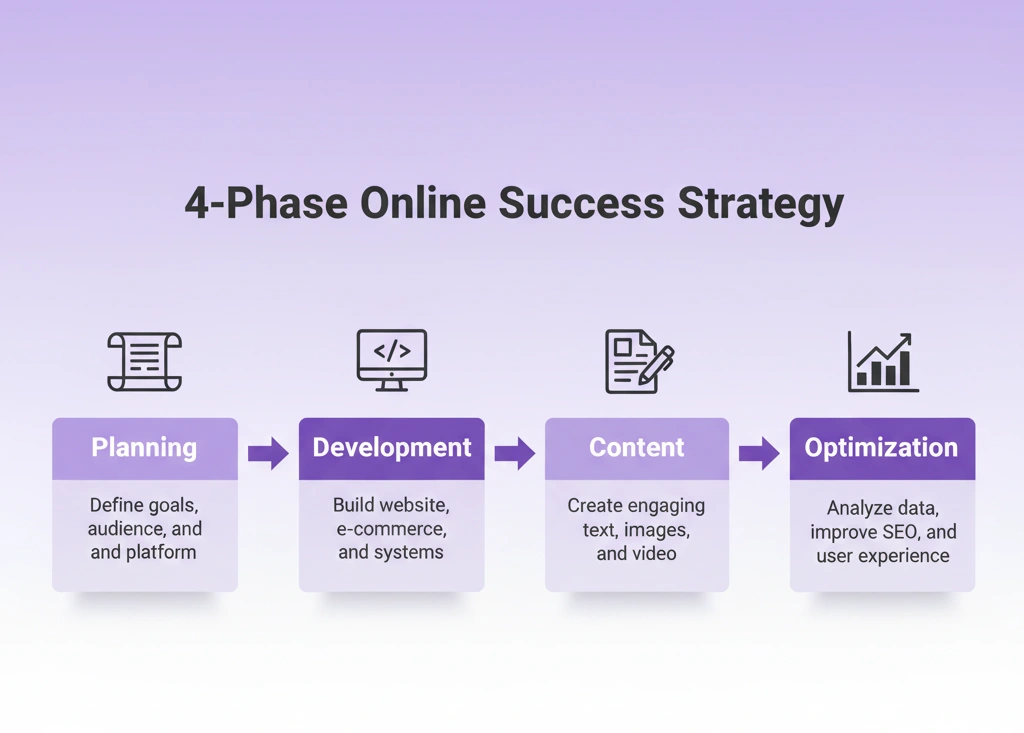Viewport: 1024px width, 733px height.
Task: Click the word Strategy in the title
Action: tap(761, 204)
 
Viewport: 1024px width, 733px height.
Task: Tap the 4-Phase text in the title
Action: tap(266, 203)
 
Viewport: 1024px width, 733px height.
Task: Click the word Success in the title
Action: tap(581, 203)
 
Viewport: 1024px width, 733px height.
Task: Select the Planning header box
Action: tap(145, 449)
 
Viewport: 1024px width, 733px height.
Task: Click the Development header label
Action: tap(392, 448)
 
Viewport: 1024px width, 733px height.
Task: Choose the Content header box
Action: tap(637, 449)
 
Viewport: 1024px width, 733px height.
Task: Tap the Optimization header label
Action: tap(881, 448)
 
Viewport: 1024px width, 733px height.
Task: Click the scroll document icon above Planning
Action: tap(144, 361)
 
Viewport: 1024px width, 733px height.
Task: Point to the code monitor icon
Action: tap(392, 360)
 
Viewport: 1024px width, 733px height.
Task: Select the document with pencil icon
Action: tap(639, 361)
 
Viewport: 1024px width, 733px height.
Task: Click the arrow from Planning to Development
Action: tap(268, 453)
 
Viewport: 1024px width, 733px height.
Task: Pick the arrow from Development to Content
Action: tap(515, 453)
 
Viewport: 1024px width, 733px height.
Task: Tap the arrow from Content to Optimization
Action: tap(759, 453)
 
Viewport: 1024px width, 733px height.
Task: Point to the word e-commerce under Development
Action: tap(391, 529)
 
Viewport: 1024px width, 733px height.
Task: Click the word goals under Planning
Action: tap(172, 506)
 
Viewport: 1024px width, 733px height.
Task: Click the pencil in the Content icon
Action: tap(656, 365)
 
